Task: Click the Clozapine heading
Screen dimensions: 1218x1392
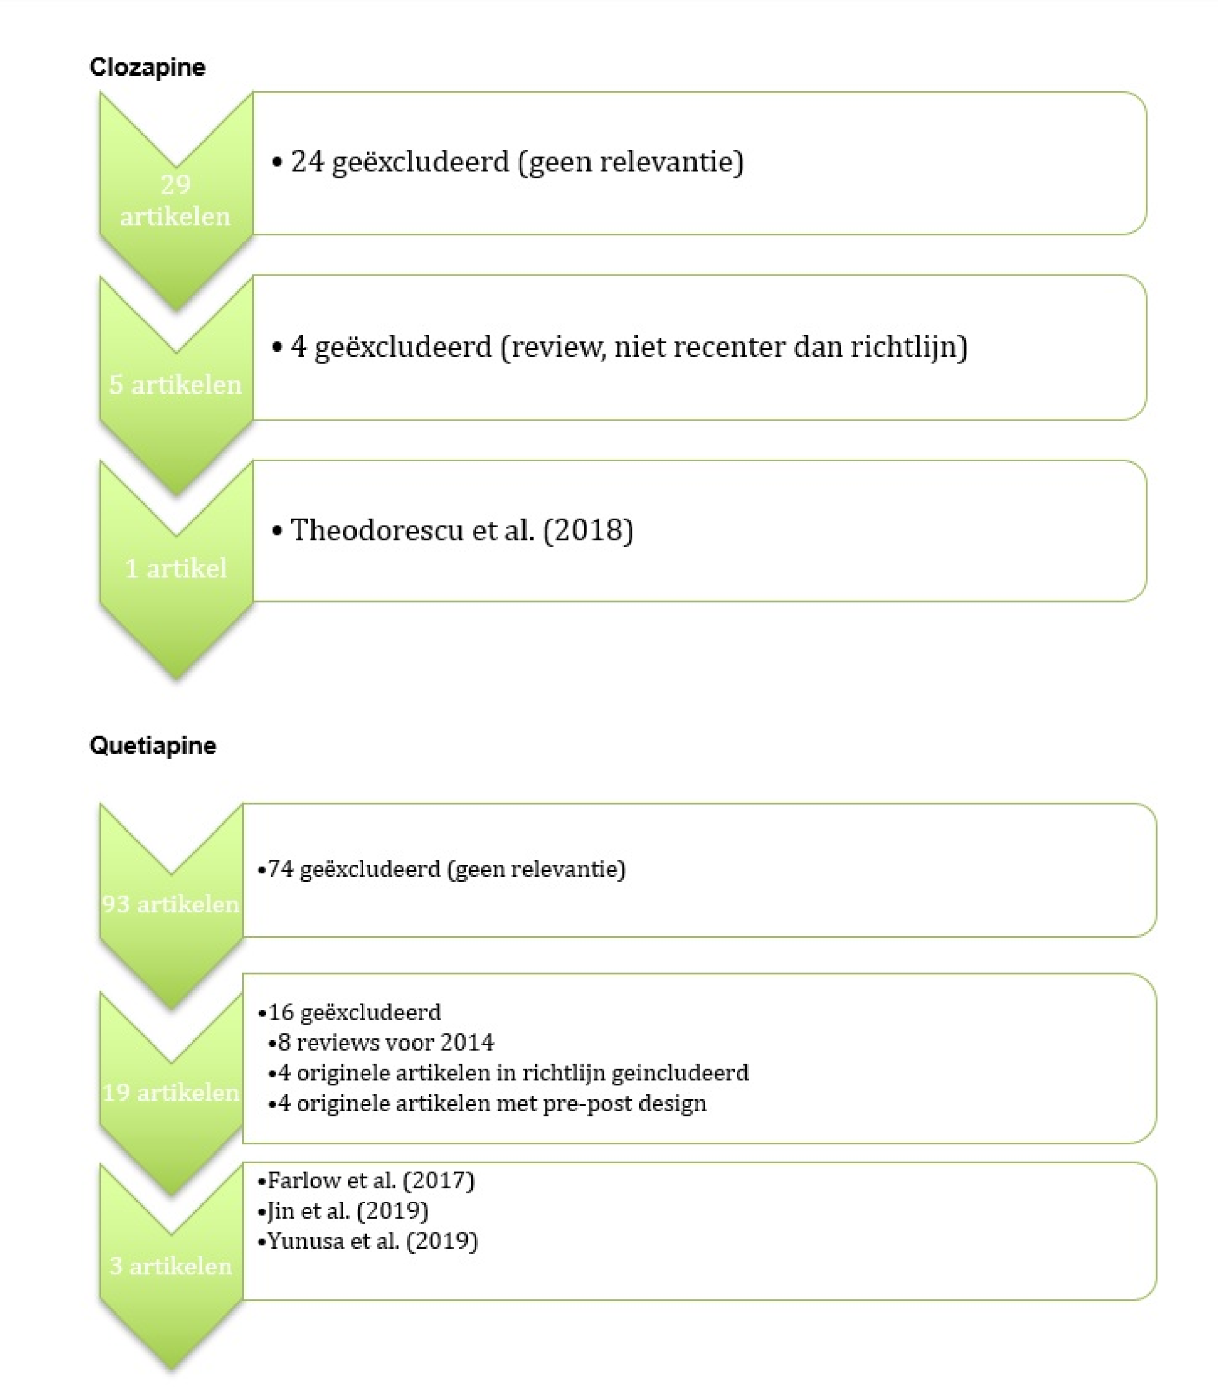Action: pos(147,67)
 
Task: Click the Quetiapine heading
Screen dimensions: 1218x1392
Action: pos(153,745)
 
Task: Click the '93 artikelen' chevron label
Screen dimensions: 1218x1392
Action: pos(171,904)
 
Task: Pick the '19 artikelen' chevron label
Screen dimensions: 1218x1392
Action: pos(171,1092)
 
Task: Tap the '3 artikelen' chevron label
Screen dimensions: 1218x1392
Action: pos(171,1266)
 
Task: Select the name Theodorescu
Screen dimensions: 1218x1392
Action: pos(377,530)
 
